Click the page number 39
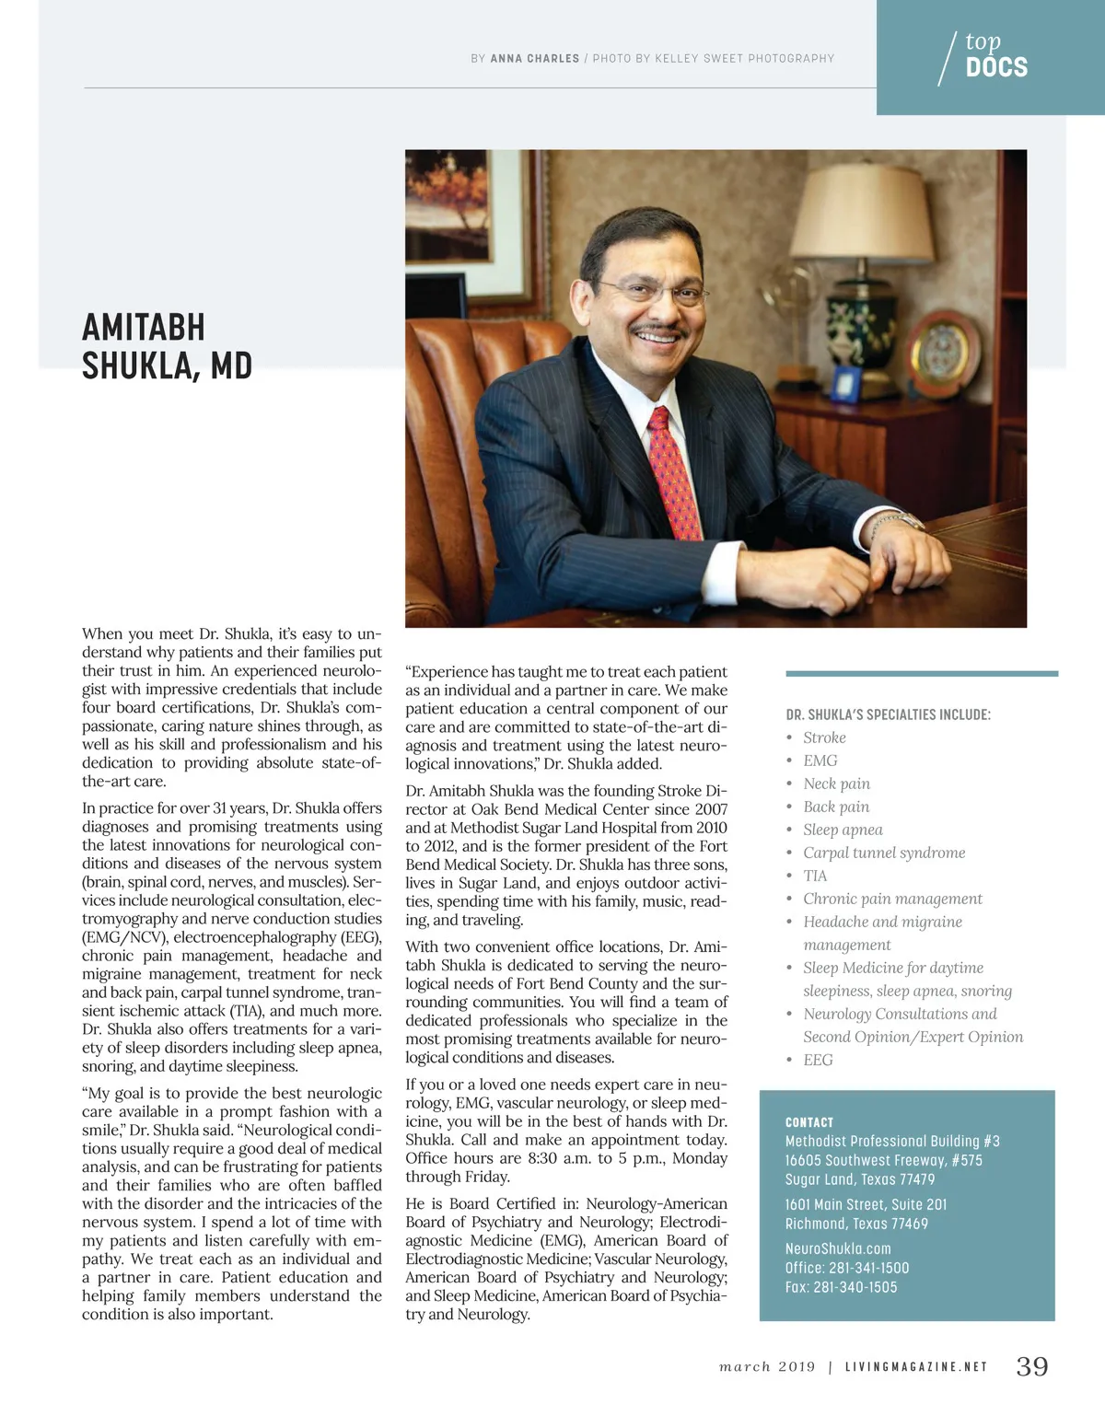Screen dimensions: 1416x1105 1031,1366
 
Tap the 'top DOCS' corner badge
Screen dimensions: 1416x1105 990,56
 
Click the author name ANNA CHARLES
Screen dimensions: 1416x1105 535,59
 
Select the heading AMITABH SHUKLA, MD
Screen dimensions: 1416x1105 167,346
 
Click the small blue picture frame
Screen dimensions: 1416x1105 845,383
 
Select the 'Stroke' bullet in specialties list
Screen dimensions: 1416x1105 824,737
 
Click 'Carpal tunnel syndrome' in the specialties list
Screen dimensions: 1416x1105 884,853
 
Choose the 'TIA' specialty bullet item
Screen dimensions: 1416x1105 815,876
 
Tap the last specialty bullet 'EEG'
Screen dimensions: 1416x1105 818,1060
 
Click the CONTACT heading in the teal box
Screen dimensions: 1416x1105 809,1122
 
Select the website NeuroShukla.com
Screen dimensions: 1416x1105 838,1248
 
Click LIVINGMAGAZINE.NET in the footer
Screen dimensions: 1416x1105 916,1367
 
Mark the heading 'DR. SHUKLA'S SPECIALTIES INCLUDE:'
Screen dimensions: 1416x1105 888,714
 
